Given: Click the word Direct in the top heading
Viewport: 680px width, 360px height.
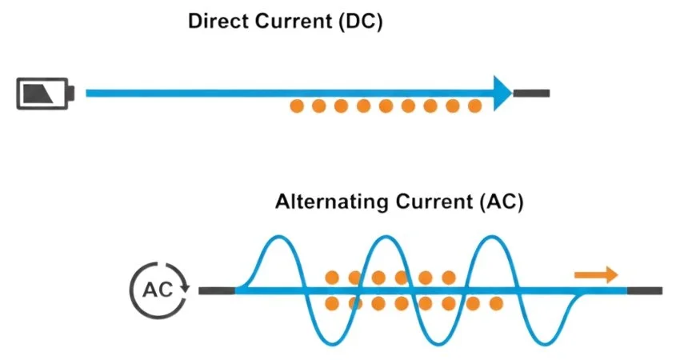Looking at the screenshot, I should pos(214,22).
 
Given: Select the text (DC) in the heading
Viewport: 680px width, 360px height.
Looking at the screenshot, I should pos(360,22).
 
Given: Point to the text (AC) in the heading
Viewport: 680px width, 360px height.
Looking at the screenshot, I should pos(502,202).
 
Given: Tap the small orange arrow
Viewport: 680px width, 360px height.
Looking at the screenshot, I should pos(597,275).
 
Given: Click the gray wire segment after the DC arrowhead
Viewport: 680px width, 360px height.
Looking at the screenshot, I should pos(532,93).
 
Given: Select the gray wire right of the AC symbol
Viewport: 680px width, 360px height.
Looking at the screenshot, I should pos(216,289).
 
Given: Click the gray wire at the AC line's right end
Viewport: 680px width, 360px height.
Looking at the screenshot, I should pos(645,289).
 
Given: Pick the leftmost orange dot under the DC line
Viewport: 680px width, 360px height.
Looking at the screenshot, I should pos(297,106).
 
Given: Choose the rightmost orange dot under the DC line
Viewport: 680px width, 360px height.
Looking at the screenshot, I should pos(474,106).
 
